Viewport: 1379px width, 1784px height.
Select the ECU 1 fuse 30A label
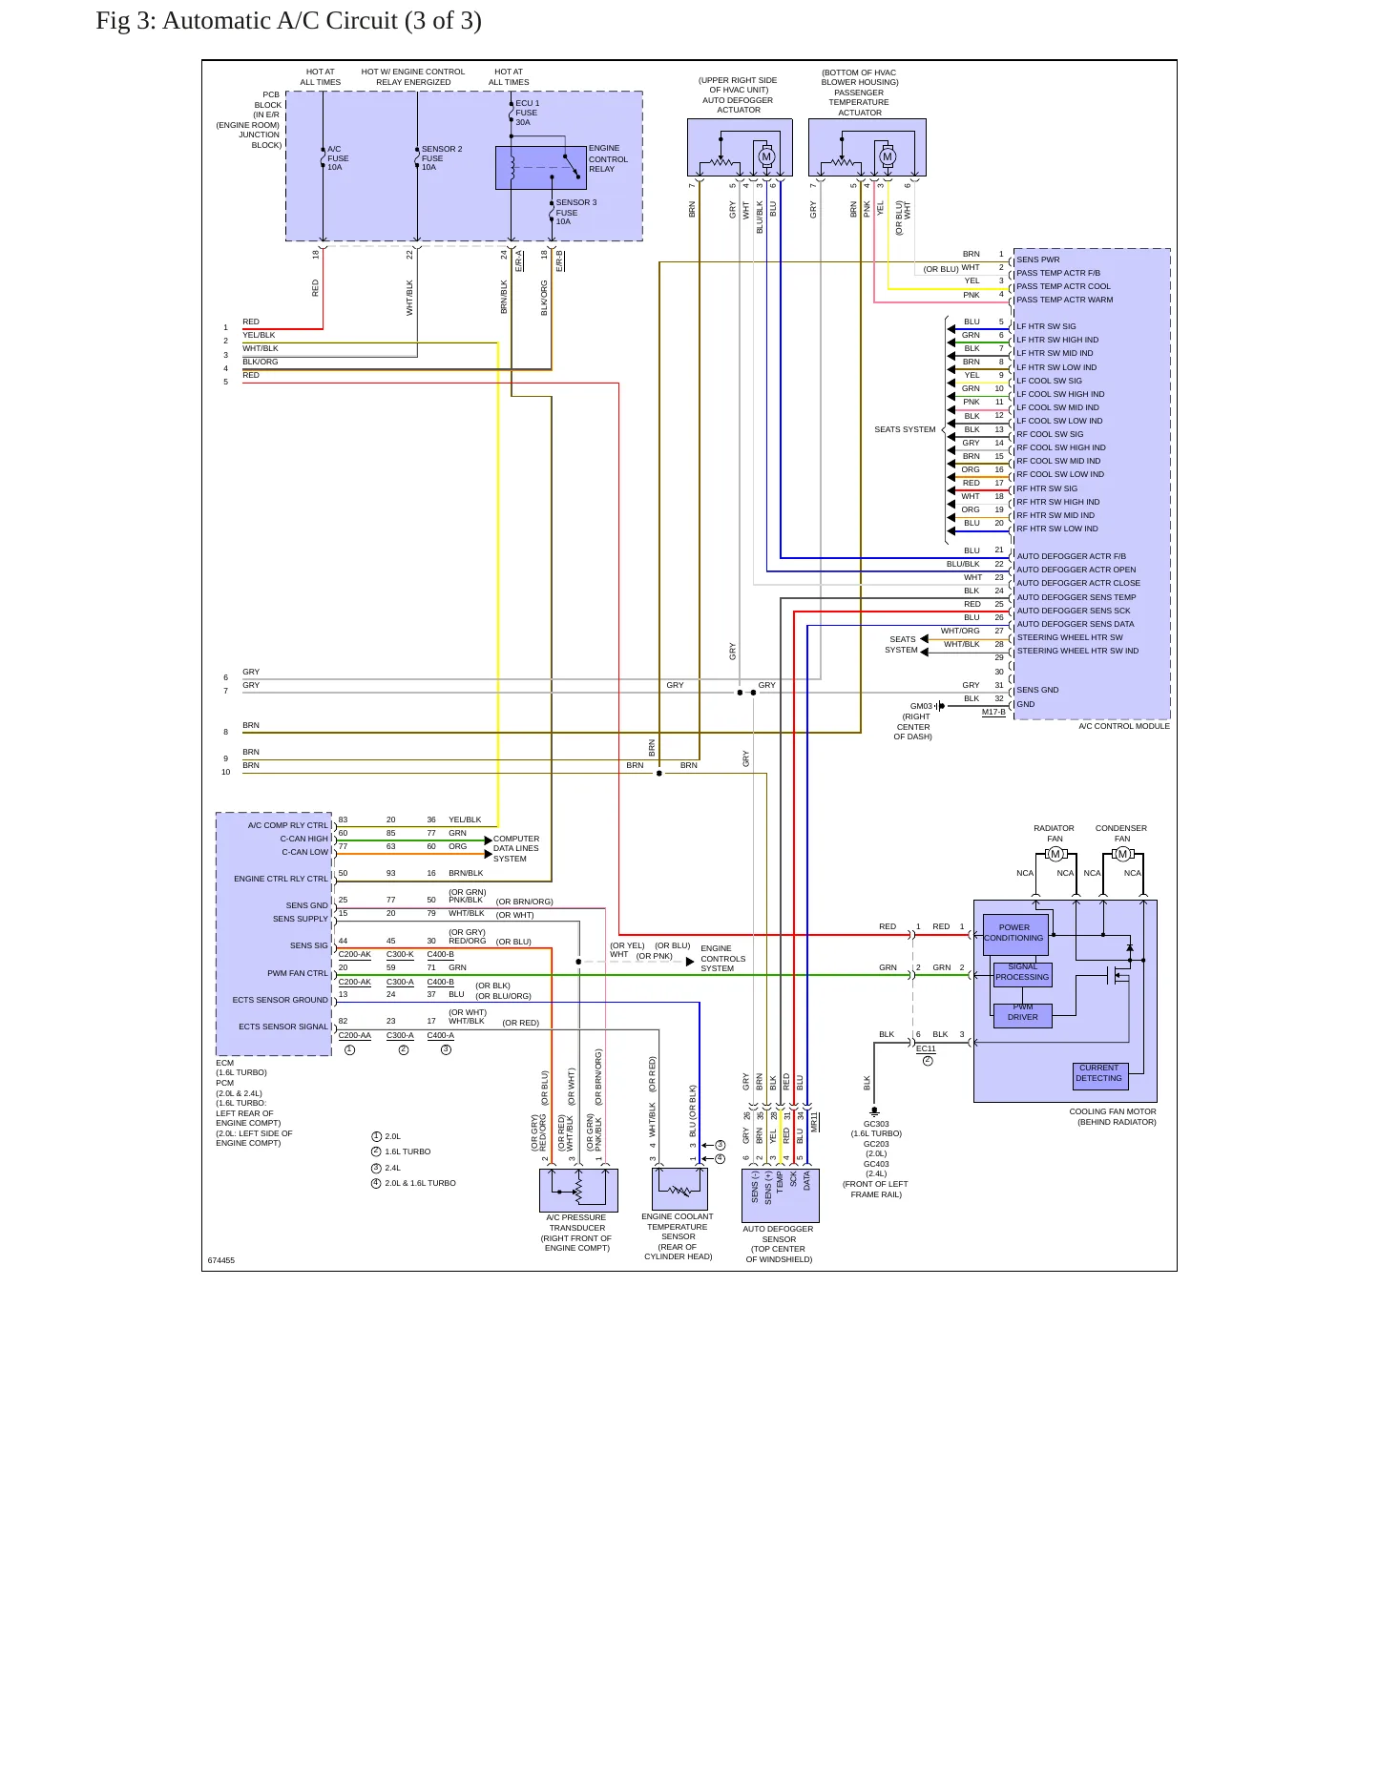click(528, 113)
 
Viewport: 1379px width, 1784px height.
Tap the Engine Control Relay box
click(541, 168)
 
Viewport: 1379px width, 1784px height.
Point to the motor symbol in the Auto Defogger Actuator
click(765, 156)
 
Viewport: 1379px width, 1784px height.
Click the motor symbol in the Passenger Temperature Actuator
click(888, 156)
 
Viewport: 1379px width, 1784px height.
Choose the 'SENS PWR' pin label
click(1037, 259)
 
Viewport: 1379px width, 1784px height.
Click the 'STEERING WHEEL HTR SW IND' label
click(1077, 651)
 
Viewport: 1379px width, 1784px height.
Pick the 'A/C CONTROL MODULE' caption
click(1124, 726)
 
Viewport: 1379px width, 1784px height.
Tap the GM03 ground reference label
click(921, 706)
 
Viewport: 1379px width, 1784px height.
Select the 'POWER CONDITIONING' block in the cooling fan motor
click(1014, 934)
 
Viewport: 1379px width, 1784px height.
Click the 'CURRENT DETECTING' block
click(1099, 1075)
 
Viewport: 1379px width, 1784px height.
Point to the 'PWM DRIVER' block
click(1023, 1015)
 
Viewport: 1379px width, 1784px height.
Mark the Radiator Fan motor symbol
click(1055, 854)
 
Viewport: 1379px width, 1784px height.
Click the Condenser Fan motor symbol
click(1122, 854)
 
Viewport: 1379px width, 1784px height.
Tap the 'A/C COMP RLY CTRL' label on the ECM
click(288, 825)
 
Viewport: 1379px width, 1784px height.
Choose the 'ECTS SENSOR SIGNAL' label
click(283, 1027)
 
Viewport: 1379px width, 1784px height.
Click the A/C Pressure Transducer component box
click(578, 1191)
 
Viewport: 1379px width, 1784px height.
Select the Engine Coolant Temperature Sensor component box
click(679, 1189)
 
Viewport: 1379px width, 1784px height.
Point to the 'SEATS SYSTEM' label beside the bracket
click(905, 429)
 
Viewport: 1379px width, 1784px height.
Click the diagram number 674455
click(221, 1260)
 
